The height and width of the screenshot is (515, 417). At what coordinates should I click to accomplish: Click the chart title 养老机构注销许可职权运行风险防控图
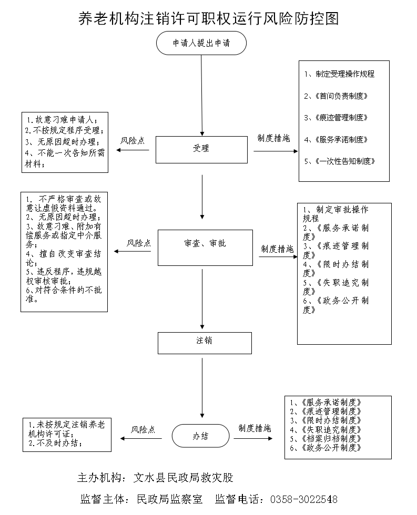[x=208, y=18]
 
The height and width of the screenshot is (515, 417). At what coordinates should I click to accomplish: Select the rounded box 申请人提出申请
[x=201, y=43]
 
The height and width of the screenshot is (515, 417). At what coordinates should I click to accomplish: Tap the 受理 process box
[x=201, y=149]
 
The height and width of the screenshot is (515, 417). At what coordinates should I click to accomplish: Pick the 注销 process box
[x=205, y=342]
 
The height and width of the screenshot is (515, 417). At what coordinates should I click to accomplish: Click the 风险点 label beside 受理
[x=133, y=141]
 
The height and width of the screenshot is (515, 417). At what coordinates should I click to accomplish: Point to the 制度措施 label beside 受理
[x=273, y=139]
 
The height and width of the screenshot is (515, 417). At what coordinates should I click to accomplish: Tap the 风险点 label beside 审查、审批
[x=139, y=243]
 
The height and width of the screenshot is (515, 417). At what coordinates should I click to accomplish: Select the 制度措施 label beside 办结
[x=255, y=428]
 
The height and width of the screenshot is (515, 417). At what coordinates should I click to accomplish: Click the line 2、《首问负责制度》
[x=335, y=96]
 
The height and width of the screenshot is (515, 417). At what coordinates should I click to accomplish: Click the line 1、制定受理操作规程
[x=339, y=74]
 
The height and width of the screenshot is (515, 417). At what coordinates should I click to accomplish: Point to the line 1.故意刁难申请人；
[x=62, y=119]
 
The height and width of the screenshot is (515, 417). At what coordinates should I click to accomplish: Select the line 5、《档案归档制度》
[x=326, y=438]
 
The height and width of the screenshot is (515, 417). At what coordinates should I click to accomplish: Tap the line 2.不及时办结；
[x=55, y=443]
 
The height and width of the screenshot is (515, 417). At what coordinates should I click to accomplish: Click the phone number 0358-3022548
[x=303, y=499]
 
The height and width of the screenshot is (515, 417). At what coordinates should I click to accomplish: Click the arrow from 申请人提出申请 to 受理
[x=201, y=95]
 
